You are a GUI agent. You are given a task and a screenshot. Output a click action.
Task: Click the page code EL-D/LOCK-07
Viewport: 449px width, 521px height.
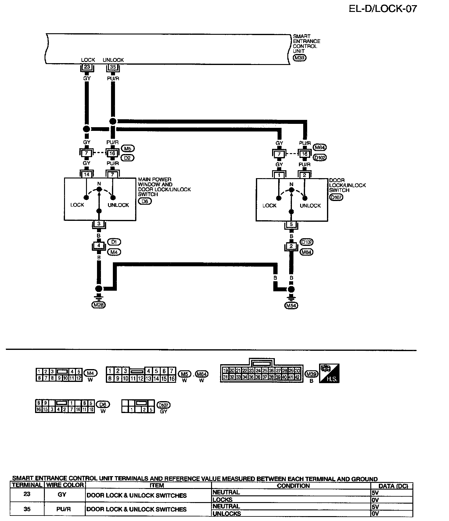[x=383, y=9]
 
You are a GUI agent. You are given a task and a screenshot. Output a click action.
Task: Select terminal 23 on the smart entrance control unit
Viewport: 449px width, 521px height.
[x=87, y=67]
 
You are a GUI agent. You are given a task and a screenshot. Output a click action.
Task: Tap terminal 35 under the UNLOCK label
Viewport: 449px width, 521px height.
[x=113, y=67]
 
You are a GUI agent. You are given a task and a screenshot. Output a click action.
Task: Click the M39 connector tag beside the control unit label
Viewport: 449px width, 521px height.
[x=299, y=58]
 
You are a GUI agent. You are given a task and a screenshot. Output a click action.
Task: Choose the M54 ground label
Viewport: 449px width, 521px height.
[x=291, y=305]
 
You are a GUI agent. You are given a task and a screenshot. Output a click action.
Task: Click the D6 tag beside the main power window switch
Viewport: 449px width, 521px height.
[x=145, y=201]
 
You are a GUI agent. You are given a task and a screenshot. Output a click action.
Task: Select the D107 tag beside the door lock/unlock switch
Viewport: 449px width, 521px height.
[x=336, y=197]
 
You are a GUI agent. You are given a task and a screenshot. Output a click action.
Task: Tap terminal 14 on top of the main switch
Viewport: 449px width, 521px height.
[x=87, y=174]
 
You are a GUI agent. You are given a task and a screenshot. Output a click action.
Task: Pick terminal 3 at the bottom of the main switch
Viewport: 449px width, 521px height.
[x=99, y=224]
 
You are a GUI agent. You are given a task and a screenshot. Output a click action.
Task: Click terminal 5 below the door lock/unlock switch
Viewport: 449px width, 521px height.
[x=291, y=225]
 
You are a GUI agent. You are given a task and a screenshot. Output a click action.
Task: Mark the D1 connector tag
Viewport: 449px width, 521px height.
[x=114, y=242]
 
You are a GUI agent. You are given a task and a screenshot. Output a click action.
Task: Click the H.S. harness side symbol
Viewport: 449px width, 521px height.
[x=329, y=373]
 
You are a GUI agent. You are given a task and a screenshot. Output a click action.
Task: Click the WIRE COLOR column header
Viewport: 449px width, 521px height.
[x=65, y=485]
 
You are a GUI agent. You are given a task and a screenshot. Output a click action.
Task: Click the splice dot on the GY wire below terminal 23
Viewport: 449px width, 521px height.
[x=87, y=129]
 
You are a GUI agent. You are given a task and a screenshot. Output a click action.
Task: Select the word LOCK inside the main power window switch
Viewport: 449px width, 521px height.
[x=77, y=205]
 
